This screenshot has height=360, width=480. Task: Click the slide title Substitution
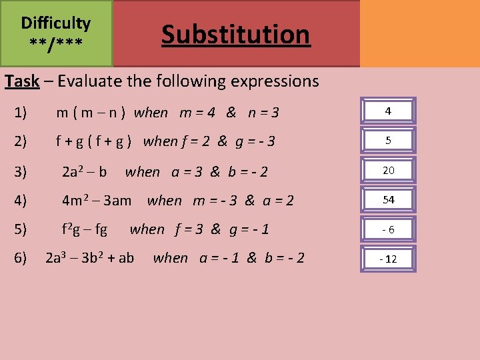coord(235,34)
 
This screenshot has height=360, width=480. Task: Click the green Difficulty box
coord(56,33)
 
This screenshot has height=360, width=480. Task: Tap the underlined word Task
coord(22,81)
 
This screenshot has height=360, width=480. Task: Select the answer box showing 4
coord(388,111)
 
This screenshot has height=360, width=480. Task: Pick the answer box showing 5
coord(388,141)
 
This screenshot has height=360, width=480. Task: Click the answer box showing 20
coord(388,170)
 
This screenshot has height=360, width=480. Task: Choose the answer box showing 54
coord(388,199)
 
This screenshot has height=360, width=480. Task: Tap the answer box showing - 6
coord(388,229)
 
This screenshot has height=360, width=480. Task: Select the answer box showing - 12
coord(388,258)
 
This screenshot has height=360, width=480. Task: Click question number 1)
coord(20,112)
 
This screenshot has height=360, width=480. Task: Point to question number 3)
coord(20,171)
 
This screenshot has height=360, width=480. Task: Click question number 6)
coord(20,257)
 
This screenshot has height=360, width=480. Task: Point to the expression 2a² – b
coord(84,171)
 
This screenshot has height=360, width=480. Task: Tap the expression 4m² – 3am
coord(96,200)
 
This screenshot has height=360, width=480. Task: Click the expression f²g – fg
coord(84,229)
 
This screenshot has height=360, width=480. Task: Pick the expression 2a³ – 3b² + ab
coord(89,257)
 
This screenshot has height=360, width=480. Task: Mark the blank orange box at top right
coord(419,33)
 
